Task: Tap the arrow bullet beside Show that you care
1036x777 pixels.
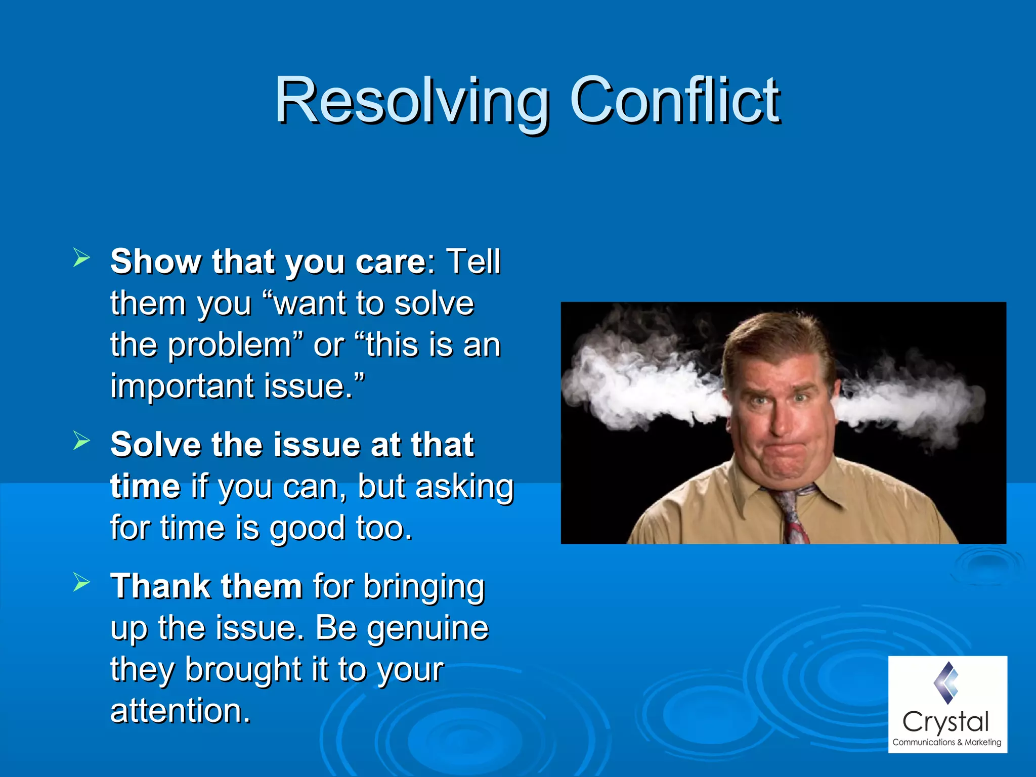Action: pyautogui.click(x=81, y=257)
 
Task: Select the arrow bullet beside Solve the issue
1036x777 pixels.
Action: pyautogui.click(x=81, y=440)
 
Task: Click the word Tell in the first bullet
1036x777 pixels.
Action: pyautogui.click(x=472, y=262)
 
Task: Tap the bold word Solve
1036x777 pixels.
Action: pyautogui.click(x=156, y=445)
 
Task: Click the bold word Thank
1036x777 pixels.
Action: pyautogui.click(x=160, y=586)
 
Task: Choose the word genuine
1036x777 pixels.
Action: pyautogui.click(x=427, y=628)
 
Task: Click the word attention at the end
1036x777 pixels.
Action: pyautogui.click(x=180, y=711)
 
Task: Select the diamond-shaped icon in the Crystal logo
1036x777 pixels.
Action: pyautogui.click(x=946, y=683)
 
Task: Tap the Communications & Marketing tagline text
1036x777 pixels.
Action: pyautogui.click(x=946, y=742)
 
